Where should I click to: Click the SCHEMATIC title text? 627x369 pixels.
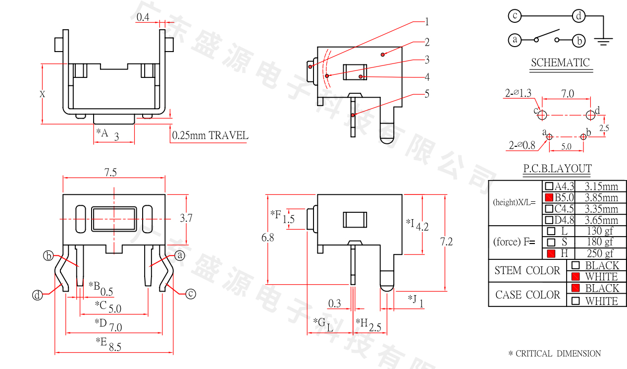coord(560,63)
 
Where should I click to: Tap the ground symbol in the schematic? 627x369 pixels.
coord(603,40)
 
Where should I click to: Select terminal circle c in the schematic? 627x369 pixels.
coord(515,16)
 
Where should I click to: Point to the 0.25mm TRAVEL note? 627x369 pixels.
coord(210,135)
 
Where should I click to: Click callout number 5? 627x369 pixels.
coord(426,94)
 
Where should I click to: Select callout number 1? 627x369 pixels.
coord(426,22)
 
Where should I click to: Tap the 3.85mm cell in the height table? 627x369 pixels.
coord(601,198)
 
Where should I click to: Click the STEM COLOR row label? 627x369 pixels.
coord(527,271)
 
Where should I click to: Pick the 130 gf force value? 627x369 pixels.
coord(601,231)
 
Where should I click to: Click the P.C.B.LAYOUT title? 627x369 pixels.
coord(557,169)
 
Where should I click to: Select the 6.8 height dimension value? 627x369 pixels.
coord(268,238)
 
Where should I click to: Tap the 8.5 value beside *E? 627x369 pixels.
coord(115,347)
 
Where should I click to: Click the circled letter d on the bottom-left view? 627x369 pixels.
coord(37,295)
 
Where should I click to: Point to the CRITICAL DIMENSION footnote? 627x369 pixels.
coord(555,354)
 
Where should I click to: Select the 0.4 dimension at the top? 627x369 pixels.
coord(143,17)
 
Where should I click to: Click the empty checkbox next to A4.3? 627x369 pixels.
coord(549,186)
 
